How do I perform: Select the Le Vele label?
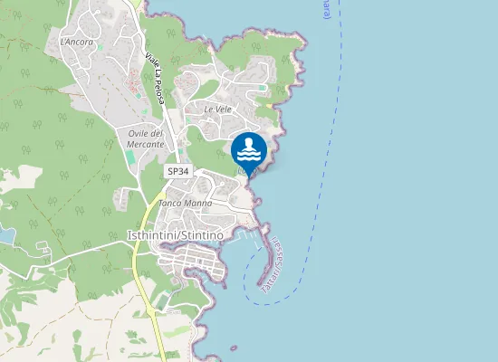pyautogui.click(x=218, y=109)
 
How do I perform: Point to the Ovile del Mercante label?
pyautogui.click(x=146, y=138)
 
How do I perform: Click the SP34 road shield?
pyautogui.click(x=177, y=170)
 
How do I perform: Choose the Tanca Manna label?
pyautogui.click(x=185, y=204)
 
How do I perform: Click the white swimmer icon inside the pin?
pyautogui.click(x=249, y=148)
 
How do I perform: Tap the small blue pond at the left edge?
pyautogui.click(x=5, y=236)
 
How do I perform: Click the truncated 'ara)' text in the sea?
pyautogui.click(x=324, y=13)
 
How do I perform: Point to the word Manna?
pyautogui.click(x=198, y=204)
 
